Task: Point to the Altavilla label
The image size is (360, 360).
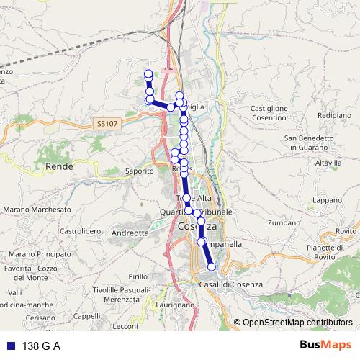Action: (x=328, y=163)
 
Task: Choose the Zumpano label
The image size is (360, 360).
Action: (x=282, y=224)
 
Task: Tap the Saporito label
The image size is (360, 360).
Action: (x=140, y=171)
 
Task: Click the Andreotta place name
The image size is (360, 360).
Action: (x=130, y=233)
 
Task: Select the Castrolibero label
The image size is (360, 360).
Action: (x=78, y=231)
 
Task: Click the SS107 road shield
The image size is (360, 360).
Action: (x=106, y=124)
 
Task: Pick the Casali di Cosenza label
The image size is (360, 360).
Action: (x=230, y=285)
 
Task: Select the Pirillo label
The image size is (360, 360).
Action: (x=138, y=276)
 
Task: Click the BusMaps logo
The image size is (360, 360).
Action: (x=327, y=346)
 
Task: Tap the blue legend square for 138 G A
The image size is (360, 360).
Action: (x=12, y=346)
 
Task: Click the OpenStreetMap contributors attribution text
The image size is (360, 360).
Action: (x=297, y=323)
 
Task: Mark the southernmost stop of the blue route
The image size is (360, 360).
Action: (x=212, y=267)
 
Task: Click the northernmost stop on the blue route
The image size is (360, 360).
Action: (x=148, y=74)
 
